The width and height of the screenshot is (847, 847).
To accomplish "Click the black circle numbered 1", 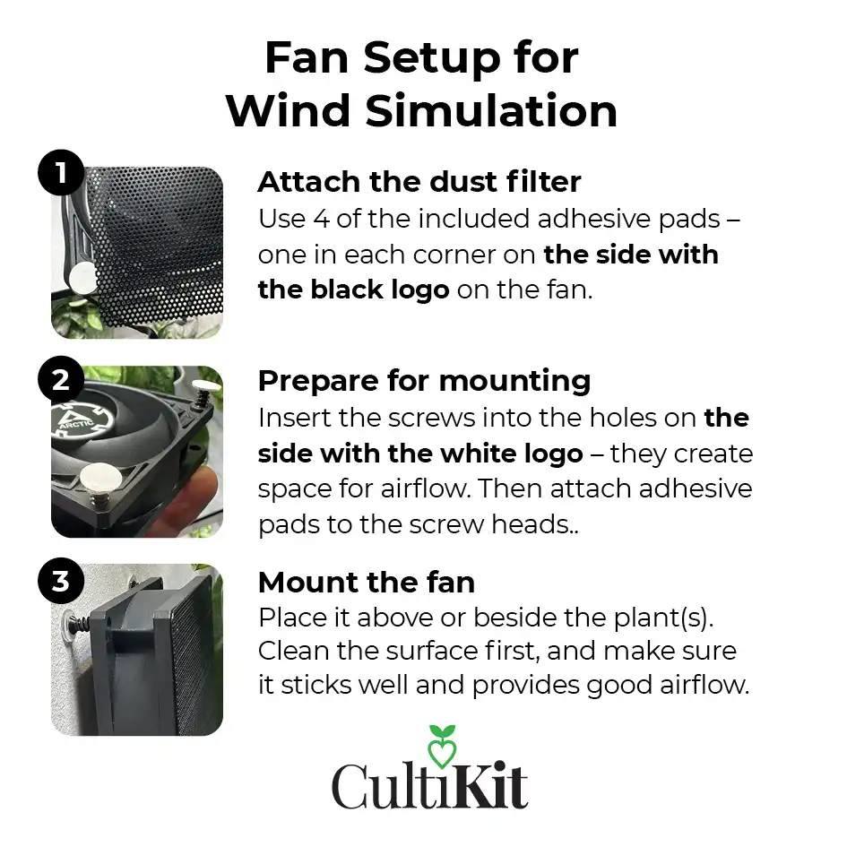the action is tap(61, 173).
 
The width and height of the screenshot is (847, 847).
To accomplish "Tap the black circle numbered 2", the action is tap(61, 379).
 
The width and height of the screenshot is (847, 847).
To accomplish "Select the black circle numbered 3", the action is tap(61, 581).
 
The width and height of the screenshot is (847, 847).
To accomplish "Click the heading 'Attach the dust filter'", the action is tap(419, 181).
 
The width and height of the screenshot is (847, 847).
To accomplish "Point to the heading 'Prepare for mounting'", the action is tap(424, 381).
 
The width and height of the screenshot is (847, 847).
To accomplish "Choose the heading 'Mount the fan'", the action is tap(367, 583).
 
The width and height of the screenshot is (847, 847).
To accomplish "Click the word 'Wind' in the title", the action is tap(288, 111).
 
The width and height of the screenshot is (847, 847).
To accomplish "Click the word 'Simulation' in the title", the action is tap(491, 111).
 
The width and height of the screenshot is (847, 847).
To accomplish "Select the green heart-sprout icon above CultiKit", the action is tap(442, 746).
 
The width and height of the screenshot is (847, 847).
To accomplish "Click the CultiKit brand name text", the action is tap(429, 786).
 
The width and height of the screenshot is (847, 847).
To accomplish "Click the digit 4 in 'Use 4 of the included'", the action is tap(321, 219).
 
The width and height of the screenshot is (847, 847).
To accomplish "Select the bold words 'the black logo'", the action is tap(353, 290).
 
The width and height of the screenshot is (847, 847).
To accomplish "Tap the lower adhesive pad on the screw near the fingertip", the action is tap(100, 477).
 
